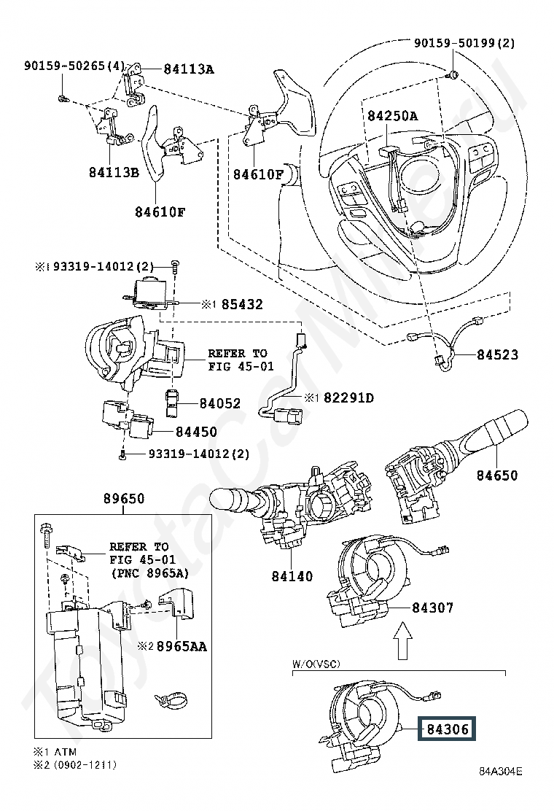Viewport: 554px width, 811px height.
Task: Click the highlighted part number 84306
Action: coord(447,729)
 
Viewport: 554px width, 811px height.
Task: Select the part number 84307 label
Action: coord(432,607)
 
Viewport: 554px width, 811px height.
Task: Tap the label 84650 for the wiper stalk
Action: coord(496,475)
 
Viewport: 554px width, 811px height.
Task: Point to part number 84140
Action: coord(292,575)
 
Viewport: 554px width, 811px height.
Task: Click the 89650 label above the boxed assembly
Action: coord(124,499)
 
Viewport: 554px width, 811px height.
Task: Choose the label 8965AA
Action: coord(182,646)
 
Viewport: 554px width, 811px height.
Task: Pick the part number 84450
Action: coord(196,431)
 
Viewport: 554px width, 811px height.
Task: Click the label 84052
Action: coord(220,403)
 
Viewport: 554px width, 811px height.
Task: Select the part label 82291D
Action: coord(349,397)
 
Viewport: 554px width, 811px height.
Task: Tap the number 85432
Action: coord(242,304)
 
